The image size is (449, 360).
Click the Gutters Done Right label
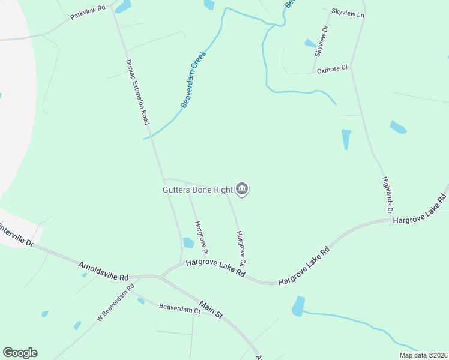click(x=197, y=190)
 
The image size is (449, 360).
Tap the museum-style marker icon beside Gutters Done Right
click(x=242, y=190)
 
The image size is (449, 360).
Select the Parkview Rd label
click(x=88, y=13)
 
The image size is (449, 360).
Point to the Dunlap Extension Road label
click(x=137, y=92)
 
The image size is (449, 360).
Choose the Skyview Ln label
click(x=348, y=13)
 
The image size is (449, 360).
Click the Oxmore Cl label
click(x=332, y=69)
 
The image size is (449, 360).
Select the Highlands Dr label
click(x=387, y=196)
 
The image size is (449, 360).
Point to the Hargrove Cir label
click(x=241, y=249)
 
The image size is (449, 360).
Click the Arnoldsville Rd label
click(x=104, y=271)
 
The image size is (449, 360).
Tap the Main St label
click(x=211, y=310)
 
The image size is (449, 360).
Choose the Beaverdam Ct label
click(x=179, y=309)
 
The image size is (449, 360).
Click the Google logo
click(x=20, y=353)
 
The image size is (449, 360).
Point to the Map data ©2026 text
click(x=423, y=355)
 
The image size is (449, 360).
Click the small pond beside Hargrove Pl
click(x=188, y=243)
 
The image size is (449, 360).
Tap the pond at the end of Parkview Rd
click(x=123, y=7)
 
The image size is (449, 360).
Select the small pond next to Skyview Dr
click(x=310, y=43)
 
